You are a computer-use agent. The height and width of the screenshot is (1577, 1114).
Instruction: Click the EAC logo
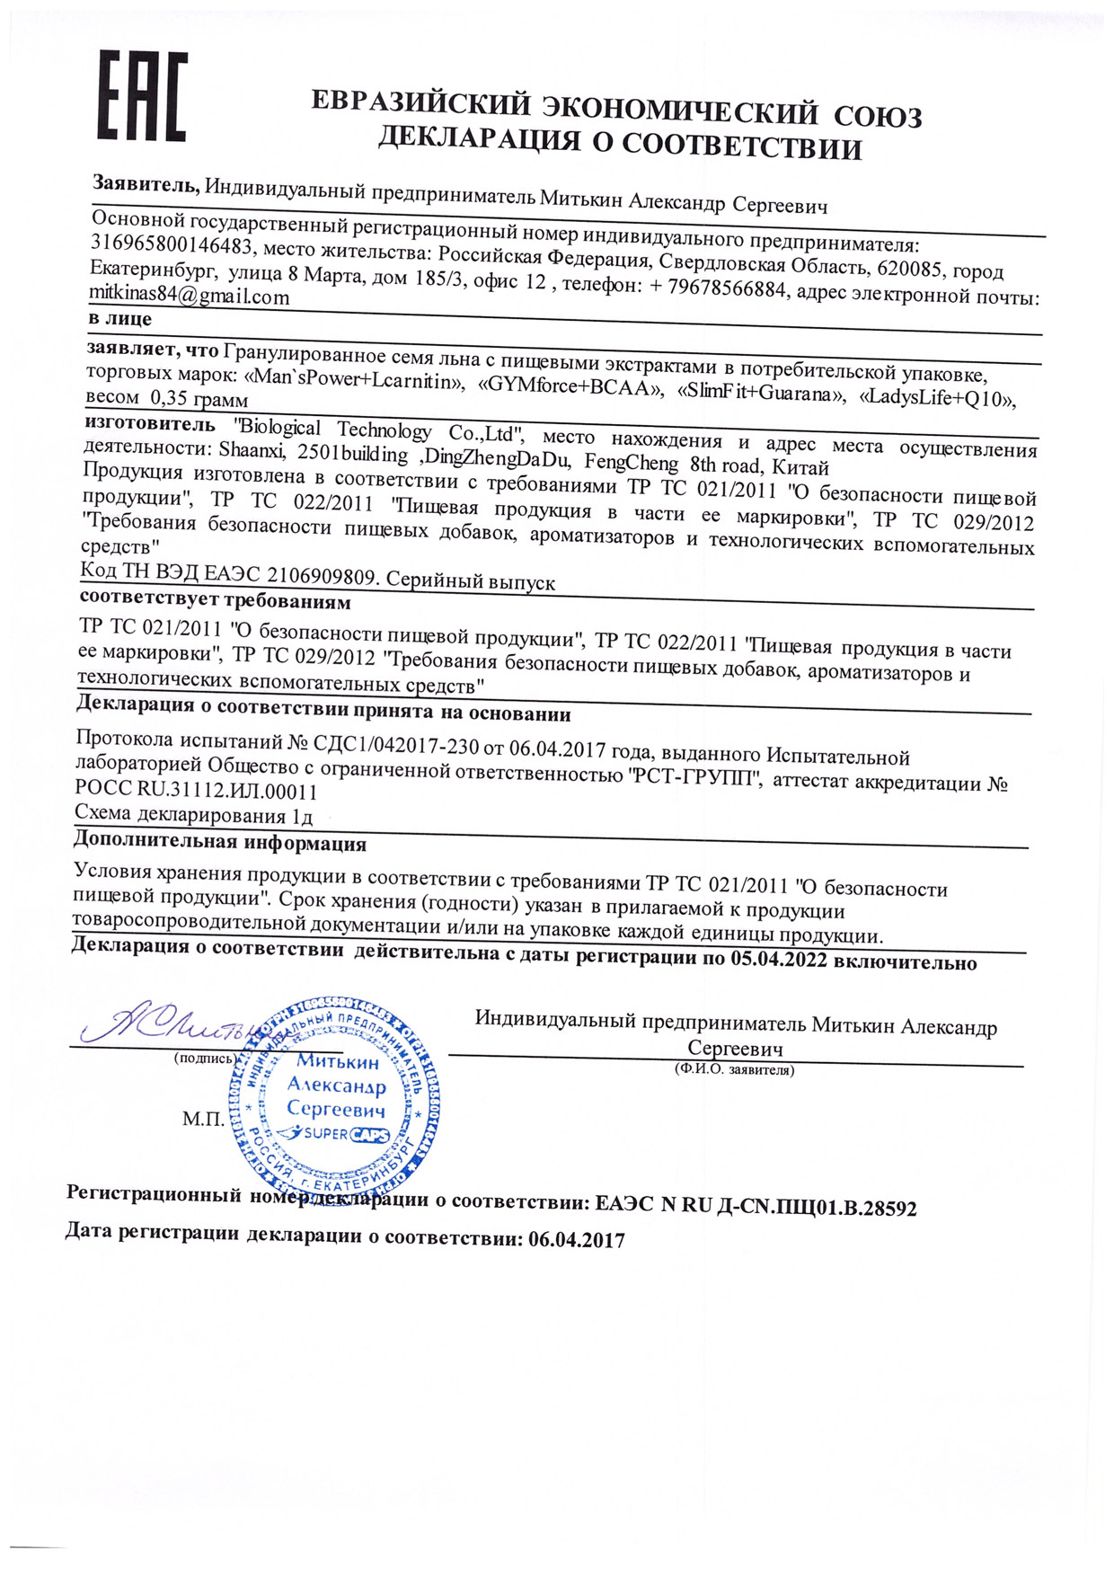[142, 96]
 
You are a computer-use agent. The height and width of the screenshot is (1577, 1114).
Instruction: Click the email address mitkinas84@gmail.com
[189, 296]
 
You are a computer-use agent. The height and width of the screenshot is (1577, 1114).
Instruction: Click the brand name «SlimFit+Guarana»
[760, 394]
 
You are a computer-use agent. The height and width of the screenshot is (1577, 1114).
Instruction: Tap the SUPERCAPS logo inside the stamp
[334, 1135]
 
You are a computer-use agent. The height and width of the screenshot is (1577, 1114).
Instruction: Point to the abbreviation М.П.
[203, 1119]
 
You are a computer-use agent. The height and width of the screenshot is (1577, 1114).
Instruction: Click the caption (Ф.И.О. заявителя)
[734, 1070]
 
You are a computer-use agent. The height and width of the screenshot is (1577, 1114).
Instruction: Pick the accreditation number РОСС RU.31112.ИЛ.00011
[196, 791]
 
